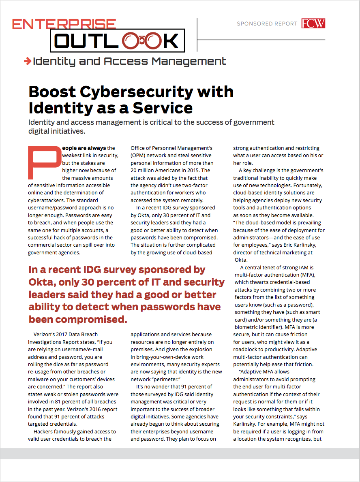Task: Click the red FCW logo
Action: (x=313, y=23)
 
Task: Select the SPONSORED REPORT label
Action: (x=267, y=24)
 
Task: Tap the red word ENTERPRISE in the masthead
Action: (x=64, y=24)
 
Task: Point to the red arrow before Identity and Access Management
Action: (x=28, y=61)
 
